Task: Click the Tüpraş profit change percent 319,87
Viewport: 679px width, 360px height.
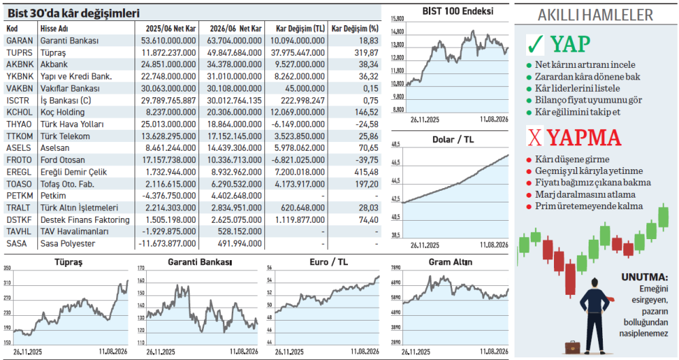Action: click(366, 53)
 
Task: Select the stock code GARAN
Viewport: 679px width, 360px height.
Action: click(20, 41)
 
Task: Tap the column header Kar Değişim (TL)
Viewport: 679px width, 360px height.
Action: click(300, 29)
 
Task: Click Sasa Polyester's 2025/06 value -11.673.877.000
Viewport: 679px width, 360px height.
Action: click(167, 244)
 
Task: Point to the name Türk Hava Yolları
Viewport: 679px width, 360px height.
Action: click(72, 124)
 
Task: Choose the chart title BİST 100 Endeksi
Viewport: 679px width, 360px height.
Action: click(457, 12)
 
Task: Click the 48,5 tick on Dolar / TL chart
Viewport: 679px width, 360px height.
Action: click(396, 145)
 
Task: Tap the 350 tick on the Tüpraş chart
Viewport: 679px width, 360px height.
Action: click(7, 268)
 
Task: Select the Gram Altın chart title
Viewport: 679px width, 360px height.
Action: click(451, 262)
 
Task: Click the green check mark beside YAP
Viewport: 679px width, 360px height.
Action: click(535, 44)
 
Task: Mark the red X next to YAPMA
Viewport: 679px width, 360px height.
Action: click(535, 137)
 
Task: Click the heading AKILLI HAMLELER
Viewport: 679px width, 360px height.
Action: click(595, 15)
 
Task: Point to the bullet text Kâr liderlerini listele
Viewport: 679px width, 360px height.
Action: click(577, 88)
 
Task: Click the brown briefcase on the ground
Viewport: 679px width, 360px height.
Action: click(572, 347)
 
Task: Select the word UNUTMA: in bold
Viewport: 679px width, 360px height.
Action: click(645, 277)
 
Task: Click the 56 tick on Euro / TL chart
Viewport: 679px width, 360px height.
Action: click(269, 268)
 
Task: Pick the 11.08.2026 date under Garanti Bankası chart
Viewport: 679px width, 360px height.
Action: click(244, 351)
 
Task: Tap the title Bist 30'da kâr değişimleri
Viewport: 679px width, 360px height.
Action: click(73, 14)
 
